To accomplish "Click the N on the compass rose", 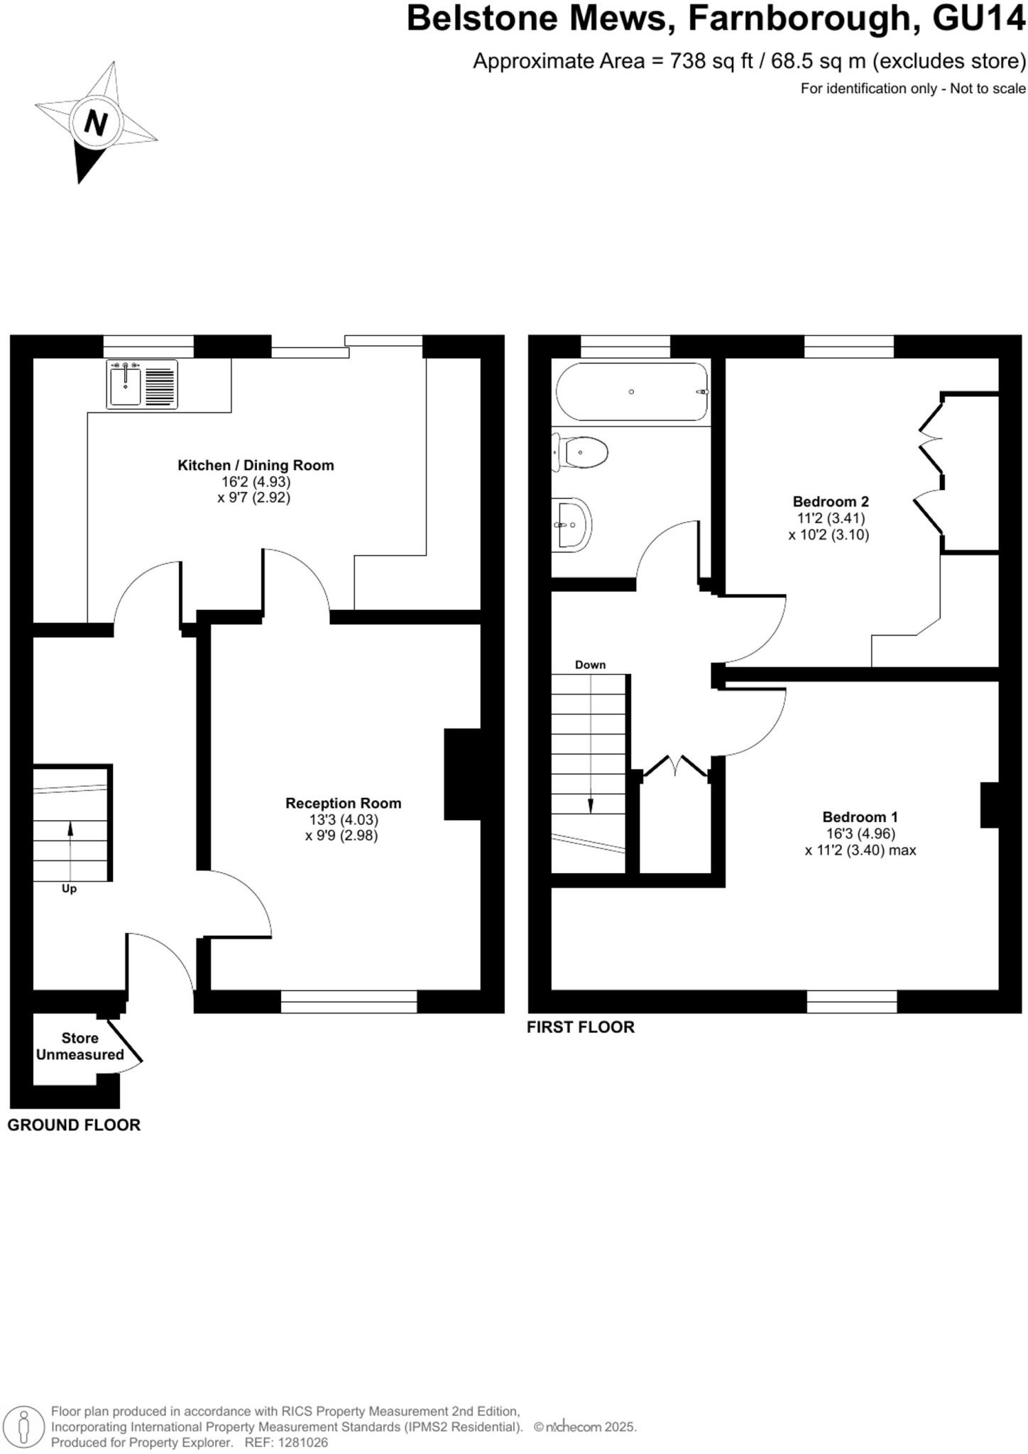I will click(x=95, y=123).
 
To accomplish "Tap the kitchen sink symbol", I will click(x=142, y=384).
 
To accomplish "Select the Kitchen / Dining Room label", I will click(x=256, y=466).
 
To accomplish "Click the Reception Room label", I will click(x=343, y=803).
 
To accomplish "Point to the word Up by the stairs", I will click(x=69, y=889).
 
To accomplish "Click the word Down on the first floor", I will click(x=590, y=665).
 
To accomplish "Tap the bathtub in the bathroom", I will click(x=631, y=392).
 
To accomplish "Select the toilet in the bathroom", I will click(x=582, y=452).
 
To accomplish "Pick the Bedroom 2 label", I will click(x=830, y=501).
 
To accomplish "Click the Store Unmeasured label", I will click(x=80, y=1046).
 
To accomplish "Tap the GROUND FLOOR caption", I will click(x=74, y=1125).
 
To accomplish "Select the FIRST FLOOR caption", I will click(x=580, y=1027).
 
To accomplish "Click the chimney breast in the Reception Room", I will click(x=463, y=774).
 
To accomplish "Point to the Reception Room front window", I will click(x=349, y=1002).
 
